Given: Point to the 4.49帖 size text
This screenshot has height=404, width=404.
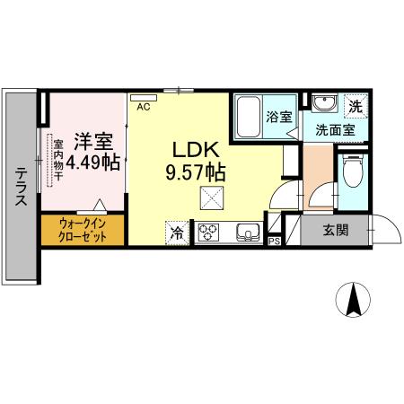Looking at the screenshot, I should point(92,162).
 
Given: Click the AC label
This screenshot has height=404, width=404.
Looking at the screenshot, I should point(143,106).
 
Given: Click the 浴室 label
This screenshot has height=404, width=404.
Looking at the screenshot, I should point(279,117).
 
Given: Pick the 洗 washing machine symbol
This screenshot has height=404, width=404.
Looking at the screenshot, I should point(356,105).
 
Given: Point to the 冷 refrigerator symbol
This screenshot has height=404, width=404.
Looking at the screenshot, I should point(177,233).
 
